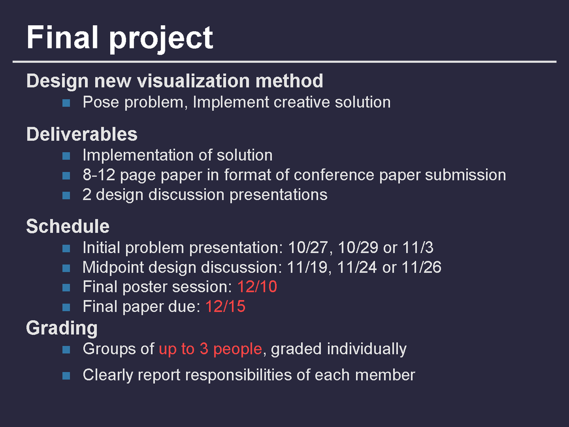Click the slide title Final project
pos(120,38)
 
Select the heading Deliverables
pos(82,134)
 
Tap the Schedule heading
pos(68,227)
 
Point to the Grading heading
pos(62,328)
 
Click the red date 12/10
pos(257,287)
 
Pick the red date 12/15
pos(225,306)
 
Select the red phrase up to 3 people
pos(210,350)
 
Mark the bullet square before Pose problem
pos(66,103)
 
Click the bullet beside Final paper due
pos(66,307)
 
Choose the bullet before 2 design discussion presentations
pos(66,196)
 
